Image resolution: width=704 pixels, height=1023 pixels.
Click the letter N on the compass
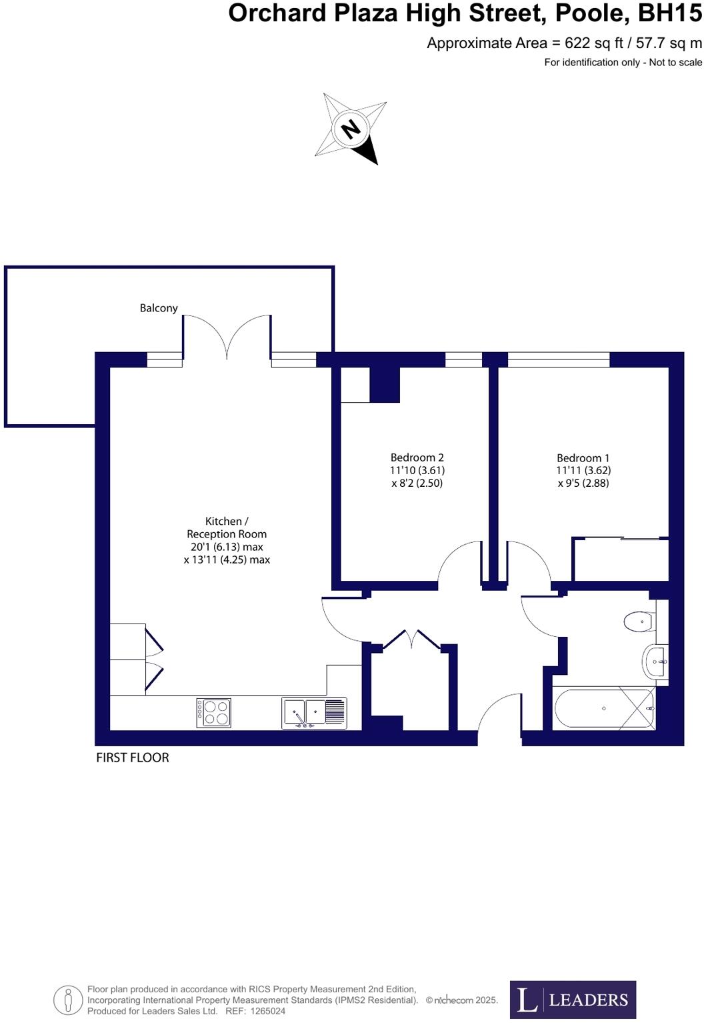351,128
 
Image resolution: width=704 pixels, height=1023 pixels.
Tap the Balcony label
159,308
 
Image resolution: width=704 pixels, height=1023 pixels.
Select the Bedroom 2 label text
417,457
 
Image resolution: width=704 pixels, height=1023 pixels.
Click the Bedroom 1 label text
583,458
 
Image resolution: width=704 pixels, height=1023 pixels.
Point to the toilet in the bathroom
638,622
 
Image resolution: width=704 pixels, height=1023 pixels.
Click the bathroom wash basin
656,662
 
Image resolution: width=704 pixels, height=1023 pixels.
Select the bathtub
603,708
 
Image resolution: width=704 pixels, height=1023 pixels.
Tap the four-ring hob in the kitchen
214,712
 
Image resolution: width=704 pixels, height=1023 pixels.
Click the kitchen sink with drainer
314,712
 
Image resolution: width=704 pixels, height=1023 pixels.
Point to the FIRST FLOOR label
133,758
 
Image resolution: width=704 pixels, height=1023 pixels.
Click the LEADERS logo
573,999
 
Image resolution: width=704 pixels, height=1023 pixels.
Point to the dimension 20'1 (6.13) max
227,547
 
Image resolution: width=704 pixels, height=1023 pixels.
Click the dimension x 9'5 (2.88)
583,483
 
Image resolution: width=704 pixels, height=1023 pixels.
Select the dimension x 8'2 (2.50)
417,483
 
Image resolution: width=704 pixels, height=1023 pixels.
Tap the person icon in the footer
68,1000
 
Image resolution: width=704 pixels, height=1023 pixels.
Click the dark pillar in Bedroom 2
385,385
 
